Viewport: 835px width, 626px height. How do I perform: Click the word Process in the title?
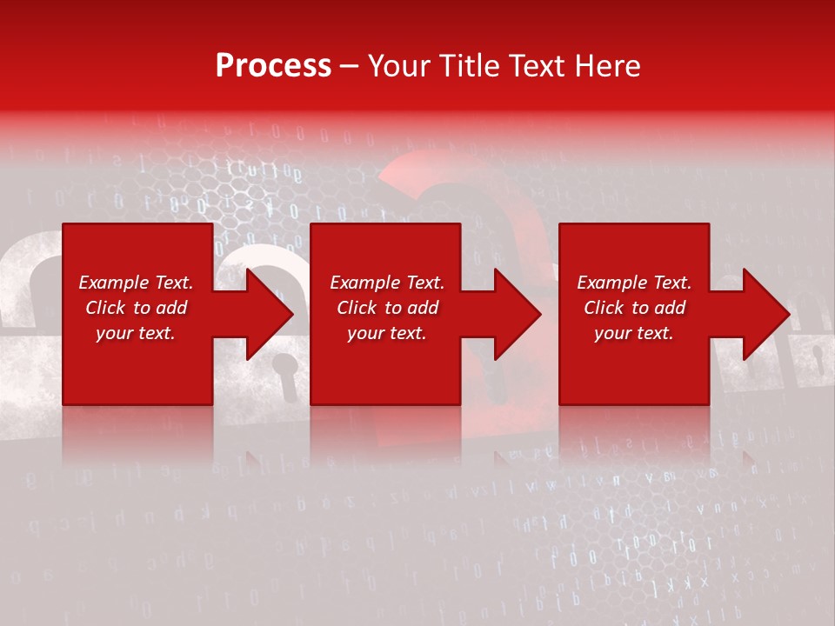tap(273, 66)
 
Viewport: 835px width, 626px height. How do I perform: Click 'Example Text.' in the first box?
tap(136, 283)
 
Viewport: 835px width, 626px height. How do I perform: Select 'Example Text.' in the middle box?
tap(387, 283)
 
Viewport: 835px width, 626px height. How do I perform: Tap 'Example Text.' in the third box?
tap(634, 283)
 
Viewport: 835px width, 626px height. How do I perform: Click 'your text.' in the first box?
tap(136, 333)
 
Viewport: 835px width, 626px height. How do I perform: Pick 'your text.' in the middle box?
tap(387, 333)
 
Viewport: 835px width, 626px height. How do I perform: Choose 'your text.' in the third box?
tap(634, 333)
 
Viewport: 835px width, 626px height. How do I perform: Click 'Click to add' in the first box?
tap(136, 308)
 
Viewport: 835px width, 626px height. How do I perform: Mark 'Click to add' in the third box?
tap(634, 308)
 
